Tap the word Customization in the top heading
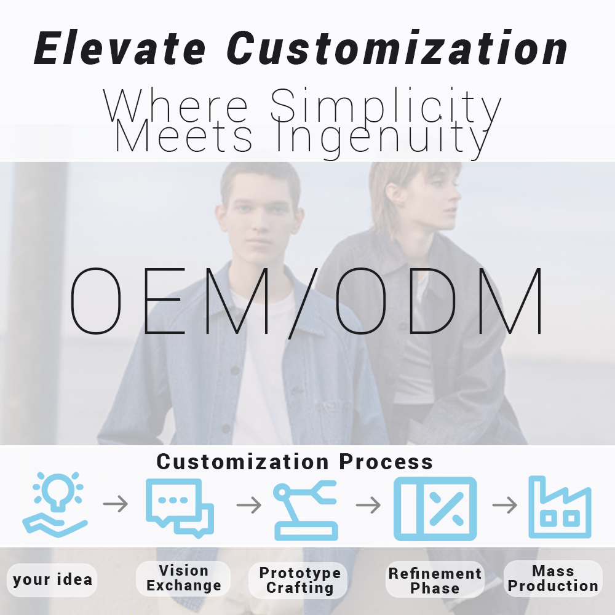point(397,48)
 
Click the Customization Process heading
point(295,461)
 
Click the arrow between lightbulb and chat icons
point(116,505)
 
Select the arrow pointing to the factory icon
point(504,505)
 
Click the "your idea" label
point(52,579)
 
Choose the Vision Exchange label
point(183,578)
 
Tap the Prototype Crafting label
point(300,580)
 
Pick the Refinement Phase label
point(435,581)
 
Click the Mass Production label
point(553,579)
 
